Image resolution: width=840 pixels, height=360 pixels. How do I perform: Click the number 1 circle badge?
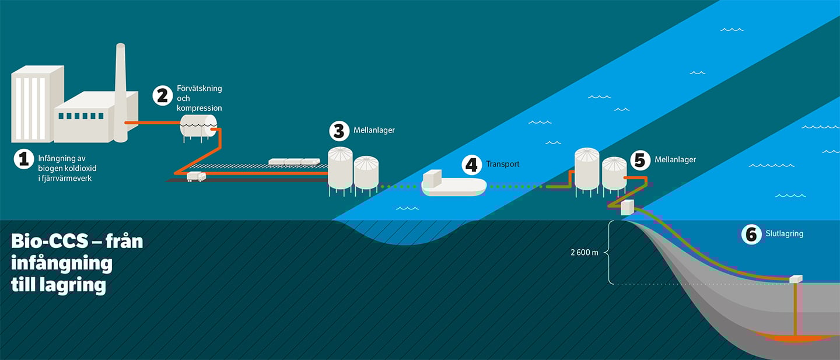tap(23, 159)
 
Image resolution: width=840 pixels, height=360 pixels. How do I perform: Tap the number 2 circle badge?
tap(162, 95)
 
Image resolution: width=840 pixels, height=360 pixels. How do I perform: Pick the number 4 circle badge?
tap(472, 165)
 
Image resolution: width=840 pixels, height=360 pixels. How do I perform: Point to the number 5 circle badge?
tap(640, 159)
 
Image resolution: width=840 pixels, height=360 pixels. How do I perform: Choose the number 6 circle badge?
tap(751, 234)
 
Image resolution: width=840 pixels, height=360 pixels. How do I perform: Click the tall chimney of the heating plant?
tap(120, 93)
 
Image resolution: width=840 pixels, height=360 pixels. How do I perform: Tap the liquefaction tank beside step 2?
tap(198, 125)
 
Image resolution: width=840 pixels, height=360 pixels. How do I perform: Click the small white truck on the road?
tap(196, 176)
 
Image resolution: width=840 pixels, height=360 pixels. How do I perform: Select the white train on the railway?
tap(294, 161)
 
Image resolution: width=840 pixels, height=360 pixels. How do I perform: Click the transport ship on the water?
tap(454, 183)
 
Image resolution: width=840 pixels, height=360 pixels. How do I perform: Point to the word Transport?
tap(502, 165)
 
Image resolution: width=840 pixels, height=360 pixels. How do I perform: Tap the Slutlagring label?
tap(784, 234)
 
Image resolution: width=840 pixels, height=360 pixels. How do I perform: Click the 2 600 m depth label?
tap(585, 253)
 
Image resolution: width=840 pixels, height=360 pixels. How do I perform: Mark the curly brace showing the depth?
tap(609, 253)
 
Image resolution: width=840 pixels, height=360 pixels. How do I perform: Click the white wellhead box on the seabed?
tap(796, 279)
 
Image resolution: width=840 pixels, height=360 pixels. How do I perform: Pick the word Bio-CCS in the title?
tap(48, 241)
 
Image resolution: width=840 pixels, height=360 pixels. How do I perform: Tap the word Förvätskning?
tap(199, 89)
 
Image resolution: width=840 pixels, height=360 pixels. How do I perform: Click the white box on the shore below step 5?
tap(628, 207)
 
